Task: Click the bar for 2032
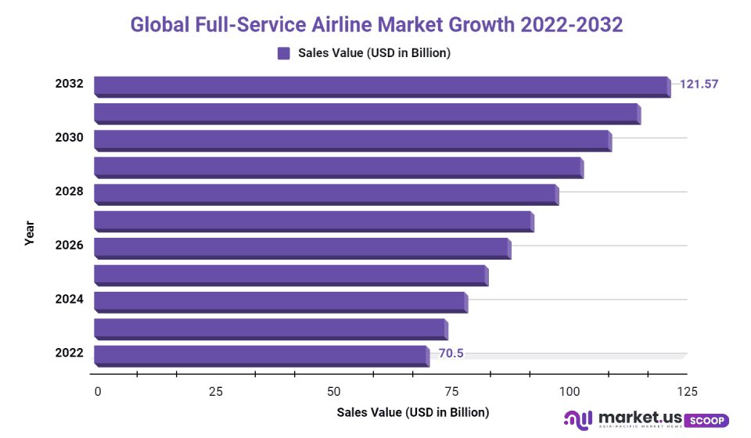tap(382, 87)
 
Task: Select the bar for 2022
tap(261, 356)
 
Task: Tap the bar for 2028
tap(325, 195)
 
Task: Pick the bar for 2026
tap(302, 249)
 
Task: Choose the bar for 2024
tap(280, 302)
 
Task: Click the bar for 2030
tap(352, 141)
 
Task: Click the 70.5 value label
tap(451, 353)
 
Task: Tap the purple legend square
tap(284, 53)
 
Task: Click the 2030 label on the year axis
tap(69, 138)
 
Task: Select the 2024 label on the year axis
tap(69, 299)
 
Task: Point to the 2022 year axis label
tap(69, 353)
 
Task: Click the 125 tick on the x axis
tap(687, 391)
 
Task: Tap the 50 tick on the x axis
tap(334, 391)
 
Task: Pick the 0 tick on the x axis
tap(98, 391)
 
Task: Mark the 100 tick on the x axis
tap(569, 391)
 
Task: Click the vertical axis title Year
tap(30, 233)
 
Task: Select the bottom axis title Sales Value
tap(412, 412)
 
